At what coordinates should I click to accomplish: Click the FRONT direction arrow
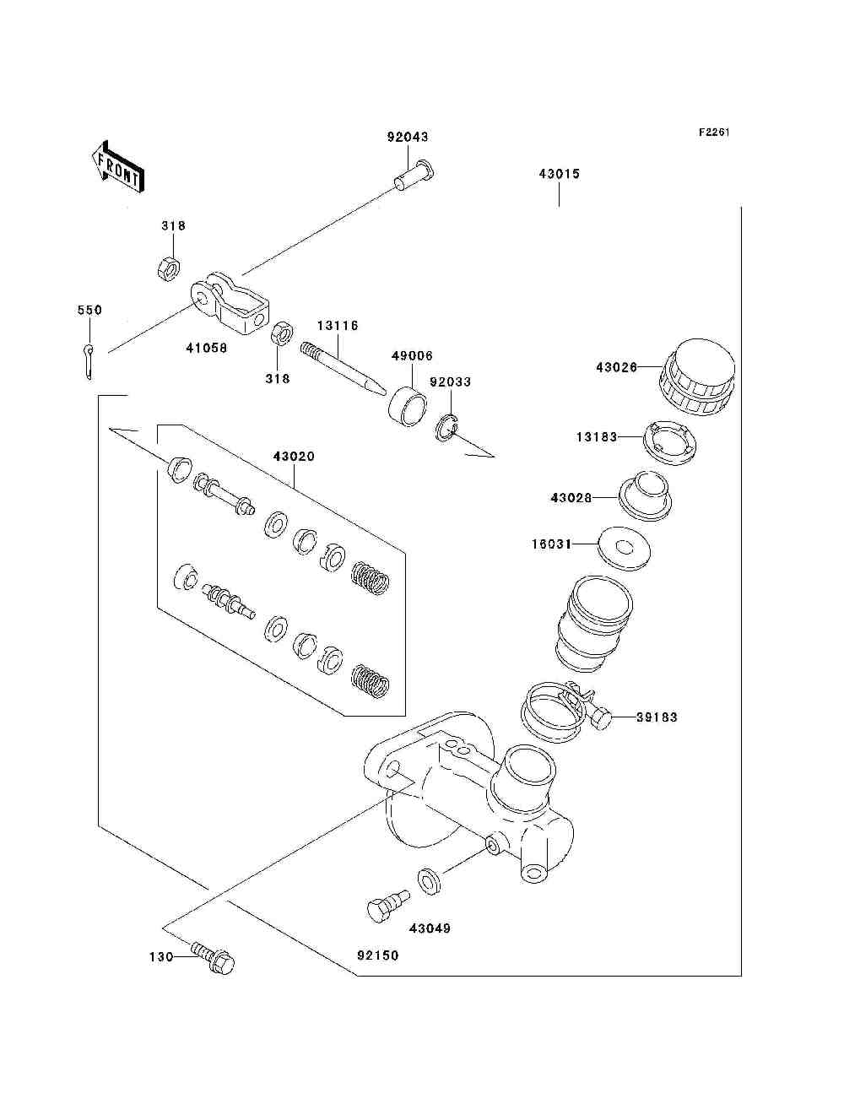click(118, 167)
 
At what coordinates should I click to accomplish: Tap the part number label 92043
click(408, 137)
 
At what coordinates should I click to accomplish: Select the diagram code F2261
click(714, 133)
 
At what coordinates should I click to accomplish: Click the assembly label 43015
click(560, 174)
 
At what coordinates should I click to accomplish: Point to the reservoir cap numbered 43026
click(697, 376)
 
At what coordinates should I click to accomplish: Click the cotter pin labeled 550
click(89, 361)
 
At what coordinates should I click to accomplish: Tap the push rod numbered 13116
click(344, 369)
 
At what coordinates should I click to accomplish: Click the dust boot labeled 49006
click(408, 407)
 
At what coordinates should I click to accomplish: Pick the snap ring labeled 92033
click(446, 429)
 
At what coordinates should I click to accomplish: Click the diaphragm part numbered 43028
click(646, 496)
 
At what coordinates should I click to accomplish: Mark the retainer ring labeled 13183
click(670, 442)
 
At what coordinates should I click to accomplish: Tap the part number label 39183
click(657, 717)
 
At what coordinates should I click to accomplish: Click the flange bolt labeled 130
click(212, 958)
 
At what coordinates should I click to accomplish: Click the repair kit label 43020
click(294, 456)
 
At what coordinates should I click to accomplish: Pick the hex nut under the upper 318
click(169, 268)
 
